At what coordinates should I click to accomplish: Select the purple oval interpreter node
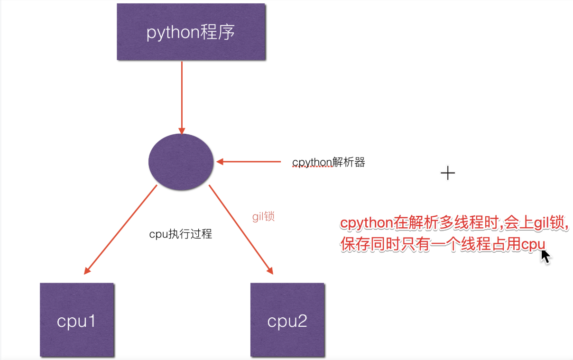[180, 162]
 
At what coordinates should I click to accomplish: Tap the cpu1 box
[77, 320]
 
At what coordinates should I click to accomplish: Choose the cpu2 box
[287, 320]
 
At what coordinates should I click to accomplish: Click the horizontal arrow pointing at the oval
[249, 162]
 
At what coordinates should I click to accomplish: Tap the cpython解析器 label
[329, 162]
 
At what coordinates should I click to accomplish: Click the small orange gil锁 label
[263, 217]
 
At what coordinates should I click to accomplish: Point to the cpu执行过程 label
[180, 234]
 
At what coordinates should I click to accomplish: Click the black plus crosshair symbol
[447, 173]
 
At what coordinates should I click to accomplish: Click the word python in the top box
[171, 33]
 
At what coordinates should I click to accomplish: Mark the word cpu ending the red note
[533, 245]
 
